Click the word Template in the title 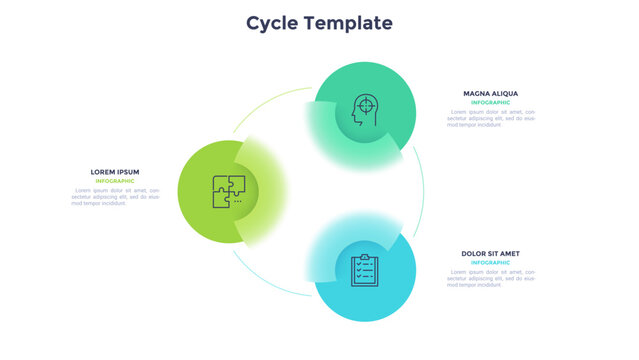[x=348, y=23]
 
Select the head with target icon [x=365, y=110]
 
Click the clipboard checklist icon [x=365, y=271]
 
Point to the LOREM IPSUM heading [x=115, y=172]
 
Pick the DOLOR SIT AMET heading [x=490, y=253]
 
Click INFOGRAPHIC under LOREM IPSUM [x=115, y=181]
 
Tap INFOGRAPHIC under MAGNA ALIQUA [x=490, y=102]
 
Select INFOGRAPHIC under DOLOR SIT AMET [x=490, y=262]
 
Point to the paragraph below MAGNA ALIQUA [x=490, y=117]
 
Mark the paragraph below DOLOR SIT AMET [x=490, y=277]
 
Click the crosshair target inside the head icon [x=367, y=104]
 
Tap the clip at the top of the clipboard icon [x=365, y=258]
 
